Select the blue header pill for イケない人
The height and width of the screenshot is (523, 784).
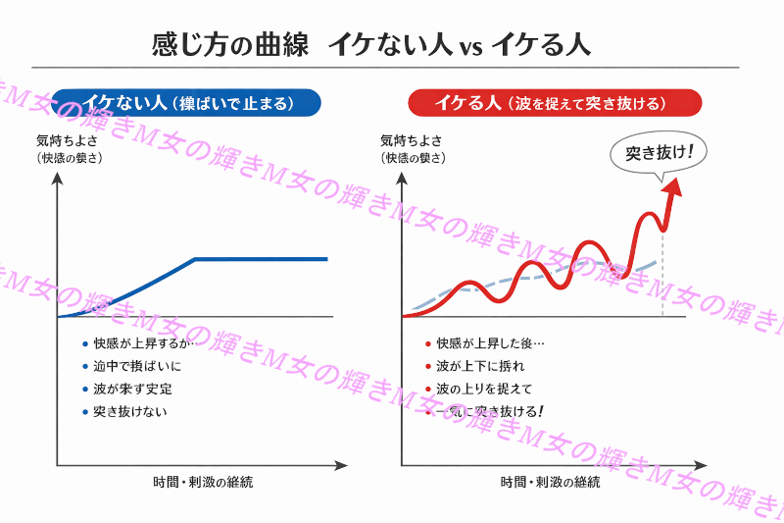pyautogui.click(x=188, y=102)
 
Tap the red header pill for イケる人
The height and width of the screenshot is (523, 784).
pyautogui.click(x=554, y=102)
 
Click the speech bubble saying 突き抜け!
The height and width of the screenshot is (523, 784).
pyautogui.click(x=659, y=153)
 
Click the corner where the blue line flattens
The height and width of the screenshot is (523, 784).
pyautogui.click(x=195, y=259)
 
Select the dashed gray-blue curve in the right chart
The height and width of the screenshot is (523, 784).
pyautogui.click(x=529, y=277)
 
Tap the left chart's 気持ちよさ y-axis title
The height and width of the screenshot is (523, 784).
pyautogui.click(x=70, y=140)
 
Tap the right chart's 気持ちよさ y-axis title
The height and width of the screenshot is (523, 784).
pyautogui.click(x=413, y=140)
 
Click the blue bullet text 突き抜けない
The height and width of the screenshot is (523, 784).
pyautogui.click(x=129, y=411)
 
